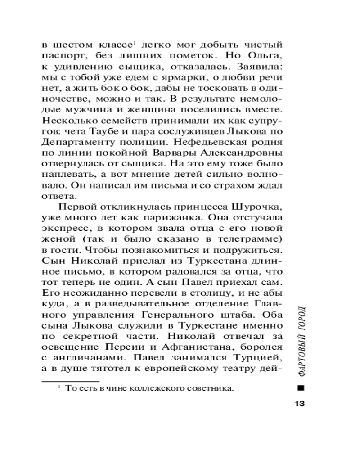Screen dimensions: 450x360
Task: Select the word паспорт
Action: pos(58,56)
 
